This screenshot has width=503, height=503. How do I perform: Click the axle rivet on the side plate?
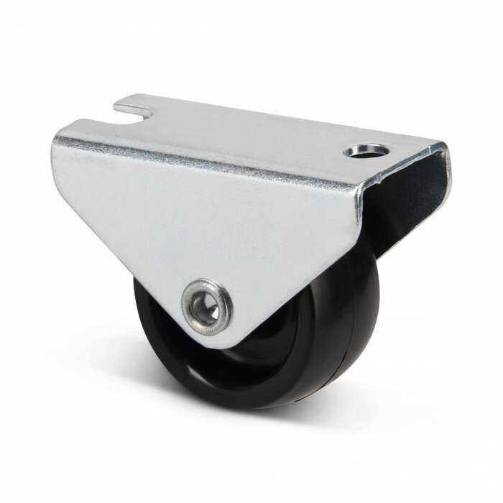point(207,307)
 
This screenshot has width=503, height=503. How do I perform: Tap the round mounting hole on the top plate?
point(366,151)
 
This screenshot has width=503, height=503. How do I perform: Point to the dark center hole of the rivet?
point(208,307)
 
